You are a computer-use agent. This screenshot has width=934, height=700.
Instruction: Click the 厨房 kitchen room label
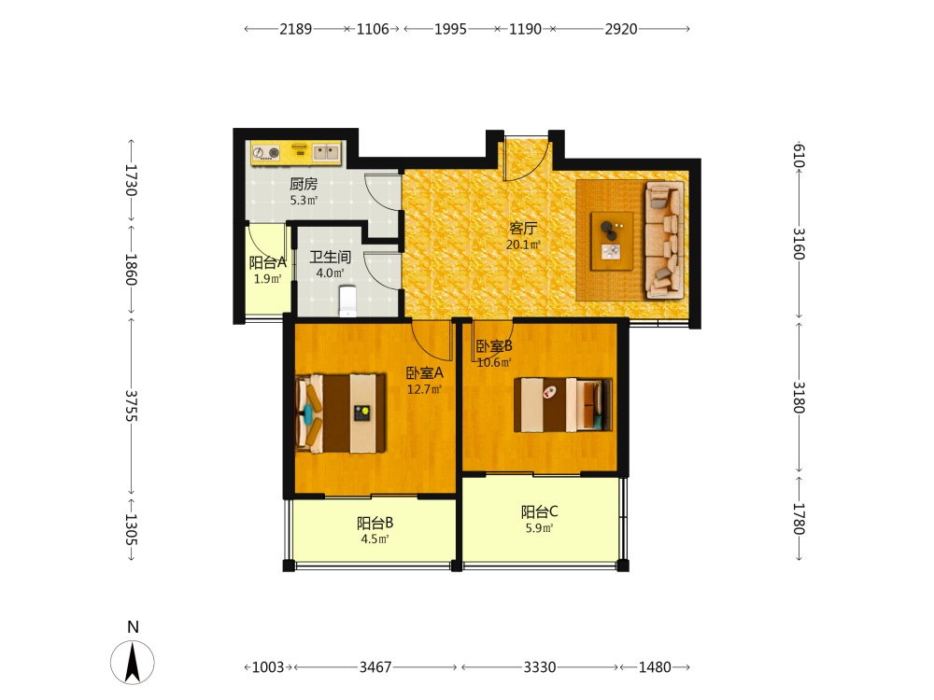click(x=304, y=184)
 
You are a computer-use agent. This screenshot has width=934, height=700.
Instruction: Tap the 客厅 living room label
click(x=523, y=228)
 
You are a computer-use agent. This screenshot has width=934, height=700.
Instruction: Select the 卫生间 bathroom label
click(x=330, y=258)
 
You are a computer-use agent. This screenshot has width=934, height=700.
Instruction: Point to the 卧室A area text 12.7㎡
click(x=424, y=389)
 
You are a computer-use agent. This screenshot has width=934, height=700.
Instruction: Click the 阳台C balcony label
click(x=539, y=511)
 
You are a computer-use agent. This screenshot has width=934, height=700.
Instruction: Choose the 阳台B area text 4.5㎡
click(x=375, y=539)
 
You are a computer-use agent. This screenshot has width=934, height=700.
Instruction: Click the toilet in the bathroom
click(x=347, y=301)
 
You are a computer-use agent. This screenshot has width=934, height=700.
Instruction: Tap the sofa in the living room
click(x=664, y=240)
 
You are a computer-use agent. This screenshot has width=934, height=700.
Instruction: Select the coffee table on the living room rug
click(x=612, y=241)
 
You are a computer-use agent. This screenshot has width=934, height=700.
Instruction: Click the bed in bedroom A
click(x=341, y=413)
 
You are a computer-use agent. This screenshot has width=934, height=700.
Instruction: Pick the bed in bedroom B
click(x=563, y=405)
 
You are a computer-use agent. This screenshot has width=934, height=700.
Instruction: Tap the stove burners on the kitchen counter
click(x=265, y=153)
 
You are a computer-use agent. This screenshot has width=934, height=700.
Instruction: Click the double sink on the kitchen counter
click(x=326, y=153)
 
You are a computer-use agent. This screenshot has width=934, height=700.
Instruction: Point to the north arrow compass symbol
click(x=133, y=662)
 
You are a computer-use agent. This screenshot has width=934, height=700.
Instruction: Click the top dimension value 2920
click(x=621, y=29)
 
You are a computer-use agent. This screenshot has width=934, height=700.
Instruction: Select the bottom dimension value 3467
click(x=375, y=667)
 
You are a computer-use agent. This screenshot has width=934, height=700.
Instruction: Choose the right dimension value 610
click(x=799, y=156)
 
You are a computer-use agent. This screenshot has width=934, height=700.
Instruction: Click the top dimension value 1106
click(x=373, y=29)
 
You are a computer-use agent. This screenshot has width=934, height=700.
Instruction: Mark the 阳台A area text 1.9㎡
click(x=267, y=279)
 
